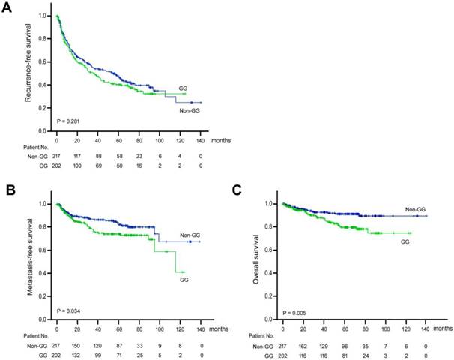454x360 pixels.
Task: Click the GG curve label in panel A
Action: click(182, 88)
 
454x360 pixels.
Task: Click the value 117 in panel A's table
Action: click(76, 155)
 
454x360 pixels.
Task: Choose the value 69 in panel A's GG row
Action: click(97, 166)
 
